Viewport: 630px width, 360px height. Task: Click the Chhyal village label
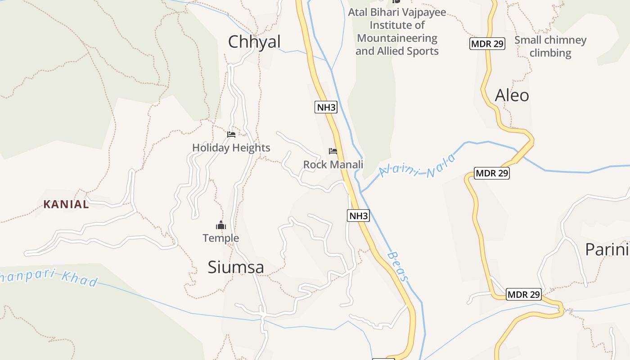(254, 42)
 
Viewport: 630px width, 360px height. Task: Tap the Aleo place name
(512, 95)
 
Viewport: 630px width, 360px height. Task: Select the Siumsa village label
(236, 267)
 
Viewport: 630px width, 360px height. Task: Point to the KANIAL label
(66, 204)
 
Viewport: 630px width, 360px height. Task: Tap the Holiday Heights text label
(231, 148)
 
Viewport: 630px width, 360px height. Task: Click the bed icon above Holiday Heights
(231, 135)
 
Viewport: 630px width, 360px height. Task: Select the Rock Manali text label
(333, 165)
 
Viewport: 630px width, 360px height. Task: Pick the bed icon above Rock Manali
(333, 151)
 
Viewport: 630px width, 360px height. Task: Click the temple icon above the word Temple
(220, 225)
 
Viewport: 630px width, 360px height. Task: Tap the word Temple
(220, 238)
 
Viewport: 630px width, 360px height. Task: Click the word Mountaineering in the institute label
(397, 38)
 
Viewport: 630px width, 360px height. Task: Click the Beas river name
(397, 266)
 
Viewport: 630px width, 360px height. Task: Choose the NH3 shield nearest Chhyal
(326, 107)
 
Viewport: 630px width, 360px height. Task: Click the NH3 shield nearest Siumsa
(359, 216)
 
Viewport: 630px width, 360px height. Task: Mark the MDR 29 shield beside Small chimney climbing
(487, 44)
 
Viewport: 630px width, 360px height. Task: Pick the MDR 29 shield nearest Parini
(523, 295)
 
